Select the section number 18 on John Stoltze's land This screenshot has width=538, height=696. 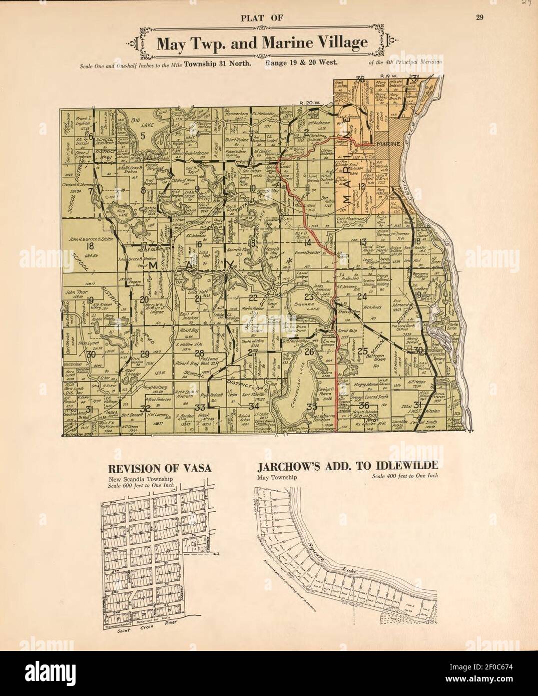[x=91, y=246]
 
